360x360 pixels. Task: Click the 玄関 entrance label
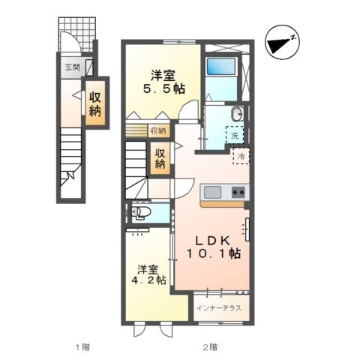click(x=72, y=67)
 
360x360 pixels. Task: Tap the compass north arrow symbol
click(x=282, y=43)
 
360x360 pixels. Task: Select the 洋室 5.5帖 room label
click(x=163, y=82)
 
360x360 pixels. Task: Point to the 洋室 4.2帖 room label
click(x=148, y=274)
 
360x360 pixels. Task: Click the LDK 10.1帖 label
click(x=213, y=247)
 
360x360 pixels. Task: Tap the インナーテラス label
click(x=219, y=308)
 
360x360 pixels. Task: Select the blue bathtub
click(x=220, y=66)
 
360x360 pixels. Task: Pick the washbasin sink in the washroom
click(x=238, y=114)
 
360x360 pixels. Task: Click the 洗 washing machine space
click(x=235, y=135)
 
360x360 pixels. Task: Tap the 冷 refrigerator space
click(x=241, y=156)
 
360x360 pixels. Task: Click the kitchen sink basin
click(x=212, y=192)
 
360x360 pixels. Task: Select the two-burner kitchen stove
click(x=238, y=192)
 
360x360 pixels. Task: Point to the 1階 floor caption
click(x=82, y=347)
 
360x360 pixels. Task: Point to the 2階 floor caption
click(x=210, y=347)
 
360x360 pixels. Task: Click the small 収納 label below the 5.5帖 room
click(x=158, y=130)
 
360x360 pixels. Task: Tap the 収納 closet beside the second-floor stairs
click(x=160, y=158)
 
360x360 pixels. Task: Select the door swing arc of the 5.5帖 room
click(x=187, y=108)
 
